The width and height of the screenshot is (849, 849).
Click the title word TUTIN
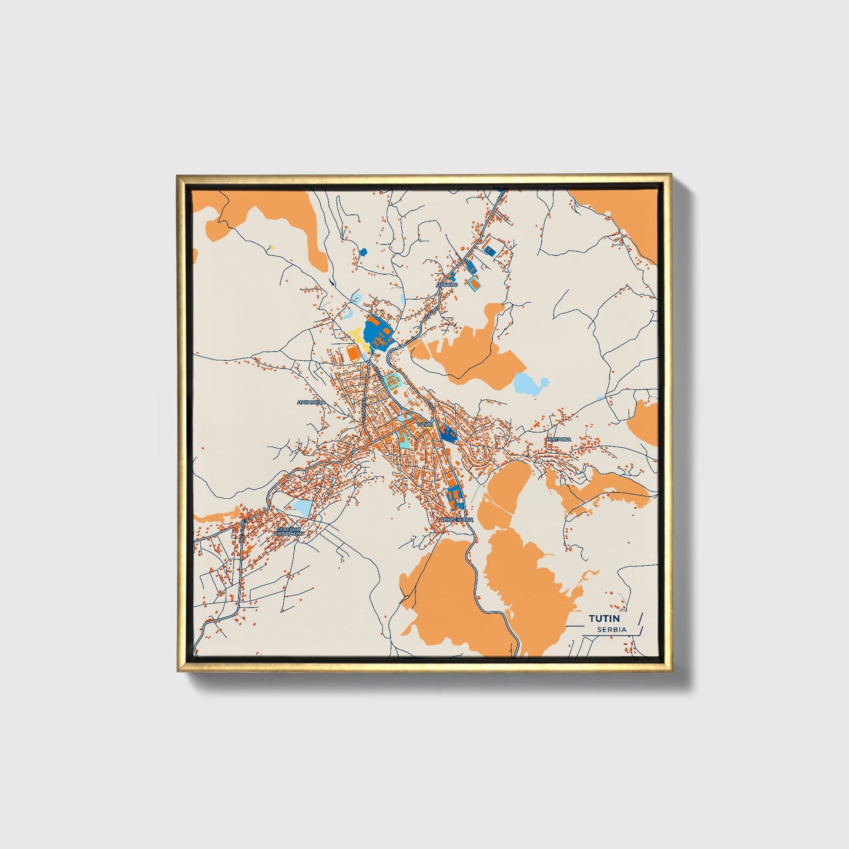[x=608, y=618]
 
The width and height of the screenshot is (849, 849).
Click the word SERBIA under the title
[x=612, y=629]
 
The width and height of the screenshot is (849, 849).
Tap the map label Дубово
[x=447, y=284]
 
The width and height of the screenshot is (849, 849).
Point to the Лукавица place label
[x=311, y=402]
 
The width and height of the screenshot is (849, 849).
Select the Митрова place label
[x=558, y=439]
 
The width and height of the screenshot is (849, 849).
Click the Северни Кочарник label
[x=288, y=532]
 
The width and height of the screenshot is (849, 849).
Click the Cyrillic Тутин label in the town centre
[x=424, y=423]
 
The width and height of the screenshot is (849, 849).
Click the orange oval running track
[x=353, y=354]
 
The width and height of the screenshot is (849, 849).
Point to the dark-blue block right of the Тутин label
[x=448, y=433]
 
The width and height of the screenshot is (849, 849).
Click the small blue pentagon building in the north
[x=363, y=252]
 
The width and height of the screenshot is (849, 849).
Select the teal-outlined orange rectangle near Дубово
[x=474, y=286]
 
